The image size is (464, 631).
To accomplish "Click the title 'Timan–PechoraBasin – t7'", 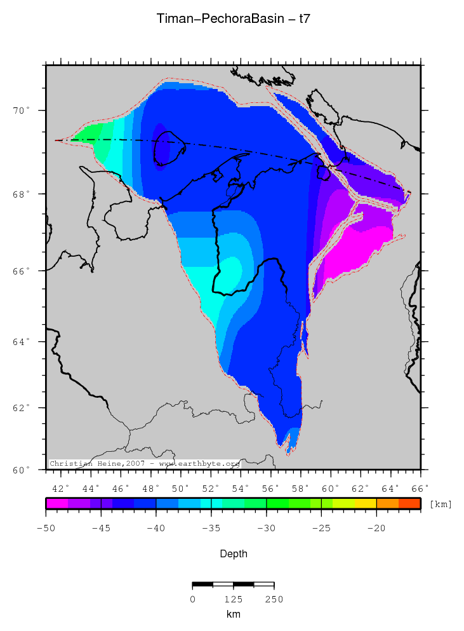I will [x=233, y=19].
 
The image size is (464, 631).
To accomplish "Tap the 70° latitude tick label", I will [x=24, y=111].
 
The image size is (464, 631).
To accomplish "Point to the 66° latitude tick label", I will [x=24, y=271].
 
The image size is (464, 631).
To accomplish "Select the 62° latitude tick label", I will [x=24, y=407].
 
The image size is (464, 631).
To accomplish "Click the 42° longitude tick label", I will [x=61, y=488].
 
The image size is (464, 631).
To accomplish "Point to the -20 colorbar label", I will [x=376, y=528].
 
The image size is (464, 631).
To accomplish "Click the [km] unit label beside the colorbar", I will [x=441, y=504].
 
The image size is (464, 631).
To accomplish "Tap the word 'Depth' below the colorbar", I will [x=233, y=554].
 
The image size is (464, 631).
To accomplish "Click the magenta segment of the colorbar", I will [x=56, y=503].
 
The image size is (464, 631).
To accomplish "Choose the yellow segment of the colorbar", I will [x=365, y=503].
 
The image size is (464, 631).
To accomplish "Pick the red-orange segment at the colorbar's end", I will [x=409, y=503].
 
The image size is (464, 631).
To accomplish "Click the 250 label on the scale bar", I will [x=274, y=599].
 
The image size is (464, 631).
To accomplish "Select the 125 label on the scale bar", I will [x=233, y=599].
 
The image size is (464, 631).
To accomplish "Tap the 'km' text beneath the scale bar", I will [x=233, y=614].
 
